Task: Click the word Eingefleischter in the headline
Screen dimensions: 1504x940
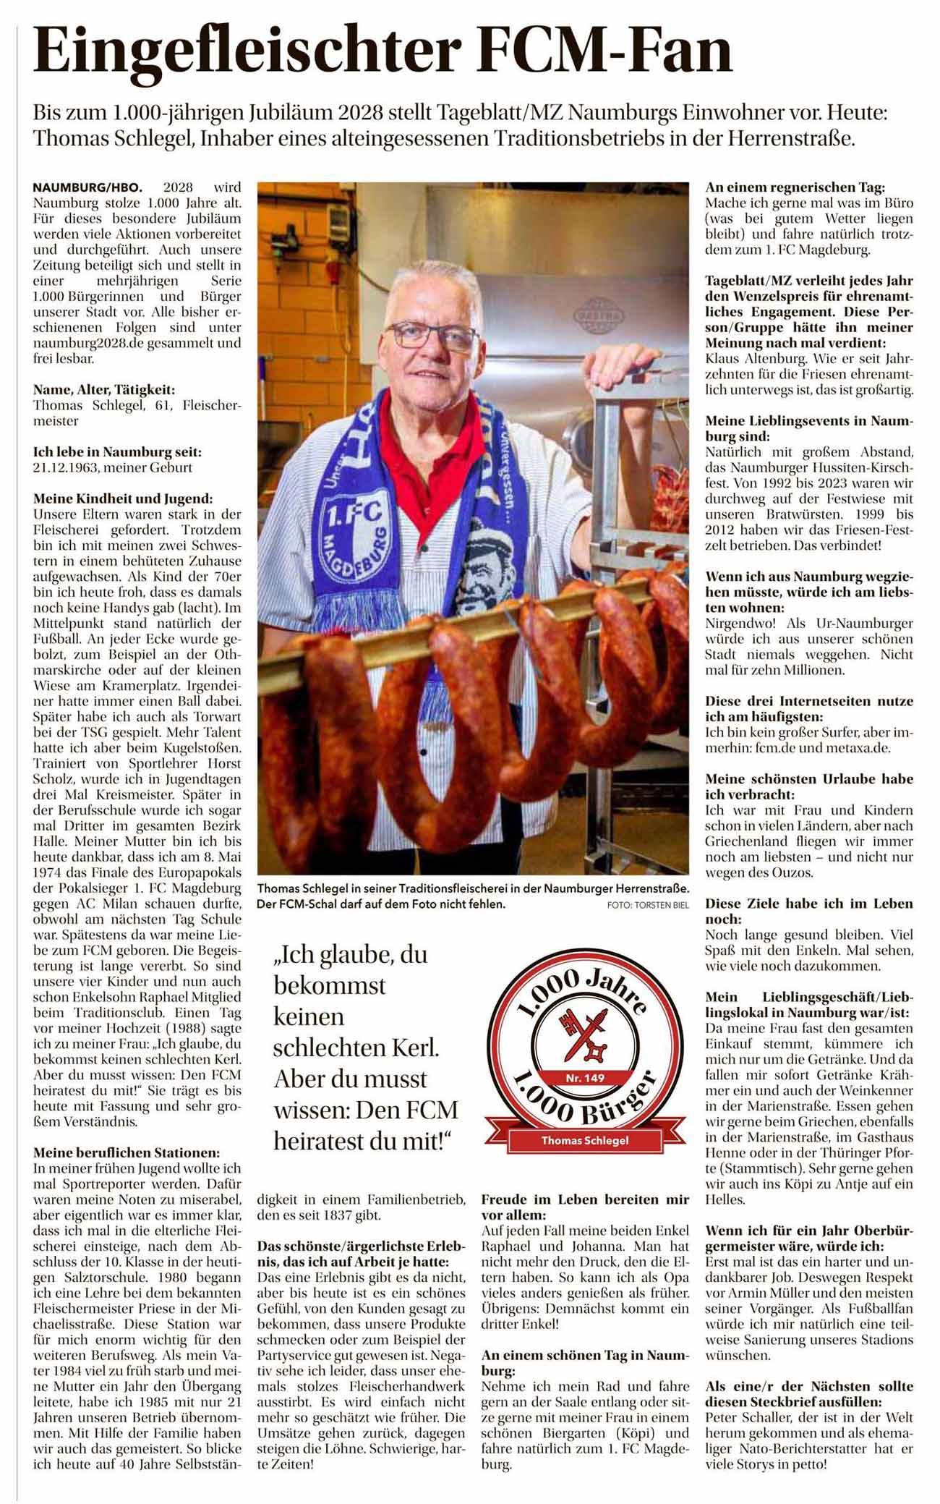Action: pyautogui.click(x=247, y=51)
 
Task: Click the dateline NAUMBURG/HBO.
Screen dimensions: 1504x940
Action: pyautogui.click(x=87, y=187)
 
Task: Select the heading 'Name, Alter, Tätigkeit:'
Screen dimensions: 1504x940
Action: pyautogui.click(x=103, y=389)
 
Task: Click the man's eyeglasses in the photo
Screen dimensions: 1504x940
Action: pyautogui.click(x=431, y=336)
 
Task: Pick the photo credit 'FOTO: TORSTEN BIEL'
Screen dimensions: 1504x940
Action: pyautogui.click(x=648, y=905)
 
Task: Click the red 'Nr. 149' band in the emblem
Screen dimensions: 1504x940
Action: pyautogui.click(x=585, y=1078)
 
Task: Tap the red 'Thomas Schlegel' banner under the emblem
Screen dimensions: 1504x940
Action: pyautogui.click(x=585, y=1141)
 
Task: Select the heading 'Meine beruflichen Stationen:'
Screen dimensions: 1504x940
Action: pyautogui.click(x=127, y=1152)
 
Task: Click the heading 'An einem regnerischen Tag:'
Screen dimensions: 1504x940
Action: pyautogui.click(x=795, y=187)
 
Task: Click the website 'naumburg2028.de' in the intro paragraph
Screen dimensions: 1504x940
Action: pyautogui.click(x=89, y=343)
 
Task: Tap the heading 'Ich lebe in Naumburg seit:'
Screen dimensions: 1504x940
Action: pyautogui.click(x=117, y=451)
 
